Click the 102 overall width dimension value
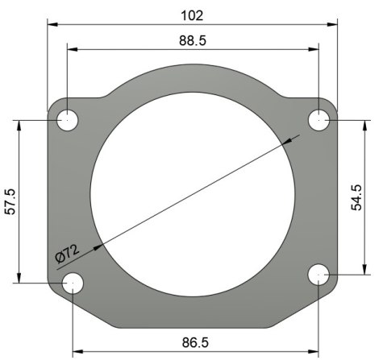[192, 14]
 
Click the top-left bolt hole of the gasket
[68, 121]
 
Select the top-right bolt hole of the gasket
[320, 119]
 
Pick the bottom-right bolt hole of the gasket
[319, 275]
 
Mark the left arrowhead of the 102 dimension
[52, 24]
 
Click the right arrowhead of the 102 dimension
[333, 24]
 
